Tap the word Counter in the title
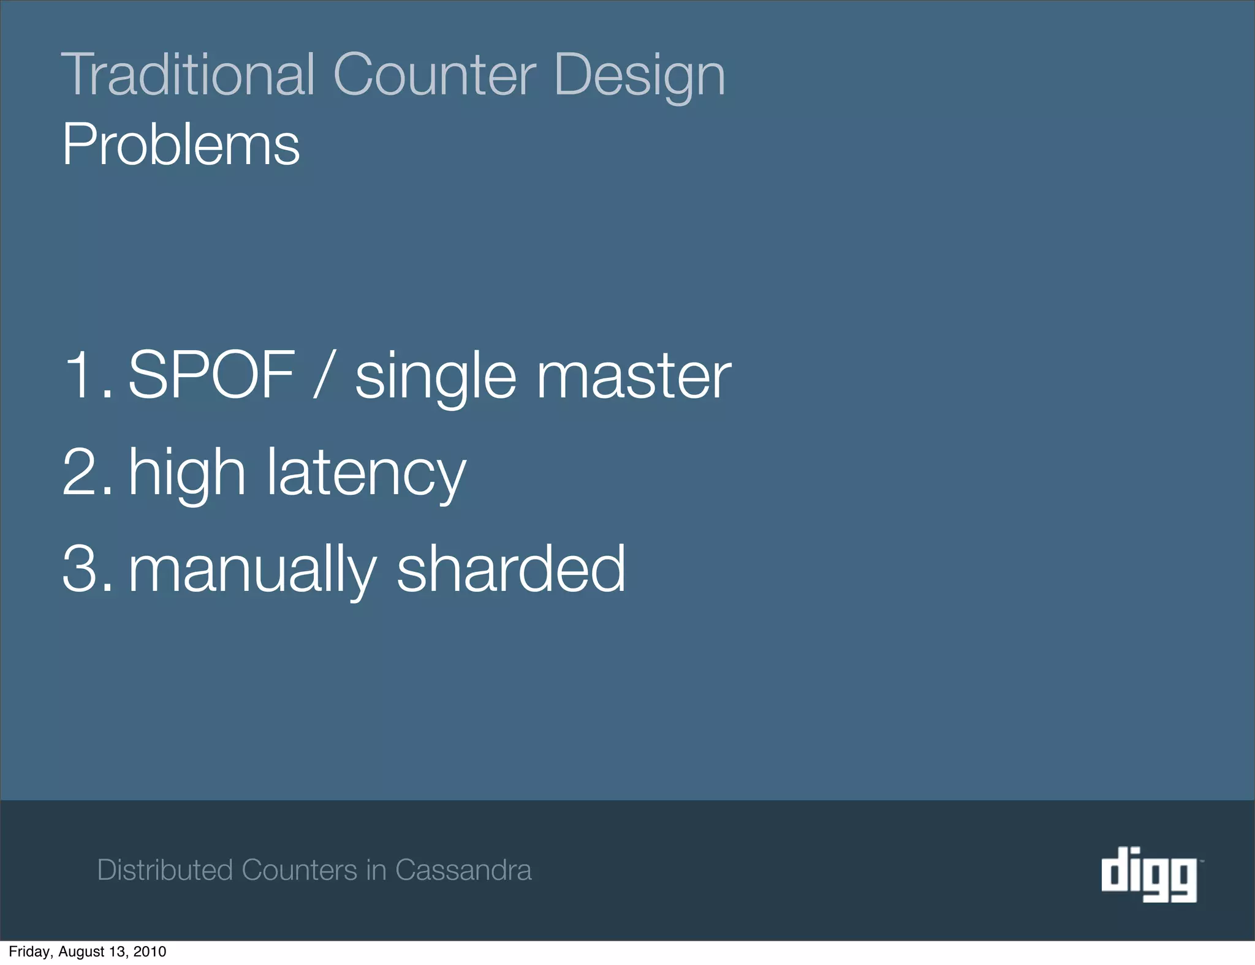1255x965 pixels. (x=434, y=75)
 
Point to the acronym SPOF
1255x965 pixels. (x=211, y=374)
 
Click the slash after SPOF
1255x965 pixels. (x=324, y=374)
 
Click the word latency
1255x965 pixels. (x=366, y=473)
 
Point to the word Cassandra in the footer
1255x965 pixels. (x=463, y=870)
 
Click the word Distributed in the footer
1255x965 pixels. (x=165, y=870)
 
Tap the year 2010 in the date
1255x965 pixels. (x=150, y=952)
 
